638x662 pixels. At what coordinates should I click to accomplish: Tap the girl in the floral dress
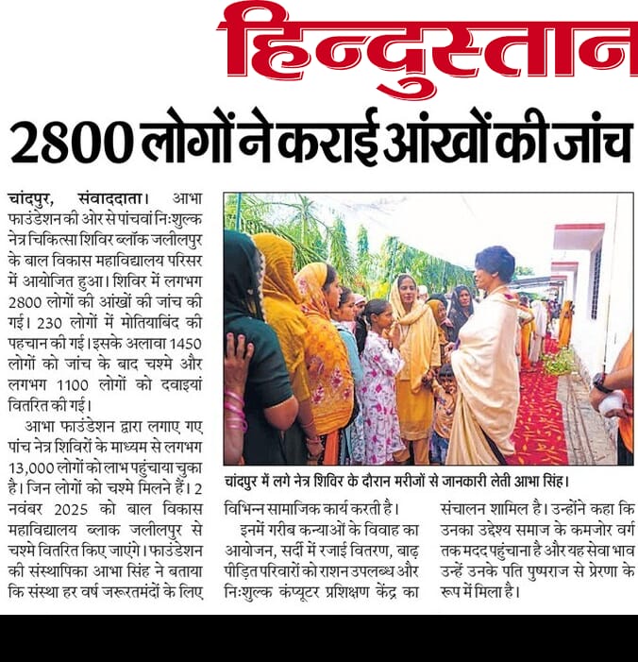coord(378,378)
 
